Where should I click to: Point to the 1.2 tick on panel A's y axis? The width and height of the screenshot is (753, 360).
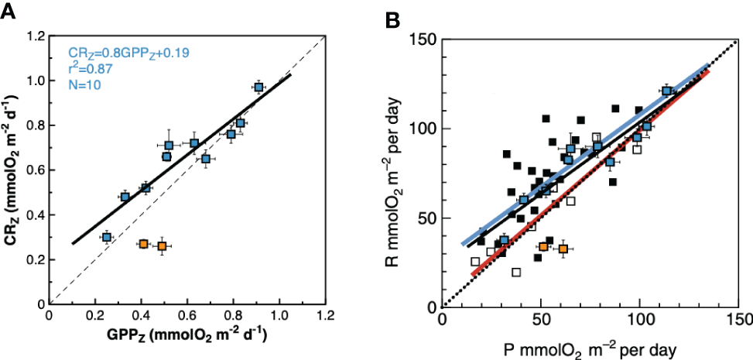pos(33,36)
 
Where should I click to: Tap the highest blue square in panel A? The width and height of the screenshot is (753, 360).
pos(258,87)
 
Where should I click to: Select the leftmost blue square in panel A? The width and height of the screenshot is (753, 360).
pos(107,237)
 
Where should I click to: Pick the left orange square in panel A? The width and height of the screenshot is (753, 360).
pos(143,244)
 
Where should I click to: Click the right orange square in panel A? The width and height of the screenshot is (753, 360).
pos(162,246)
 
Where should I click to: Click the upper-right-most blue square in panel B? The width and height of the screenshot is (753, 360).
pos(666,91)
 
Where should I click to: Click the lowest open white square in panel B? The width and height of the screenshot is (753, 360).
pos(516,272)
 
